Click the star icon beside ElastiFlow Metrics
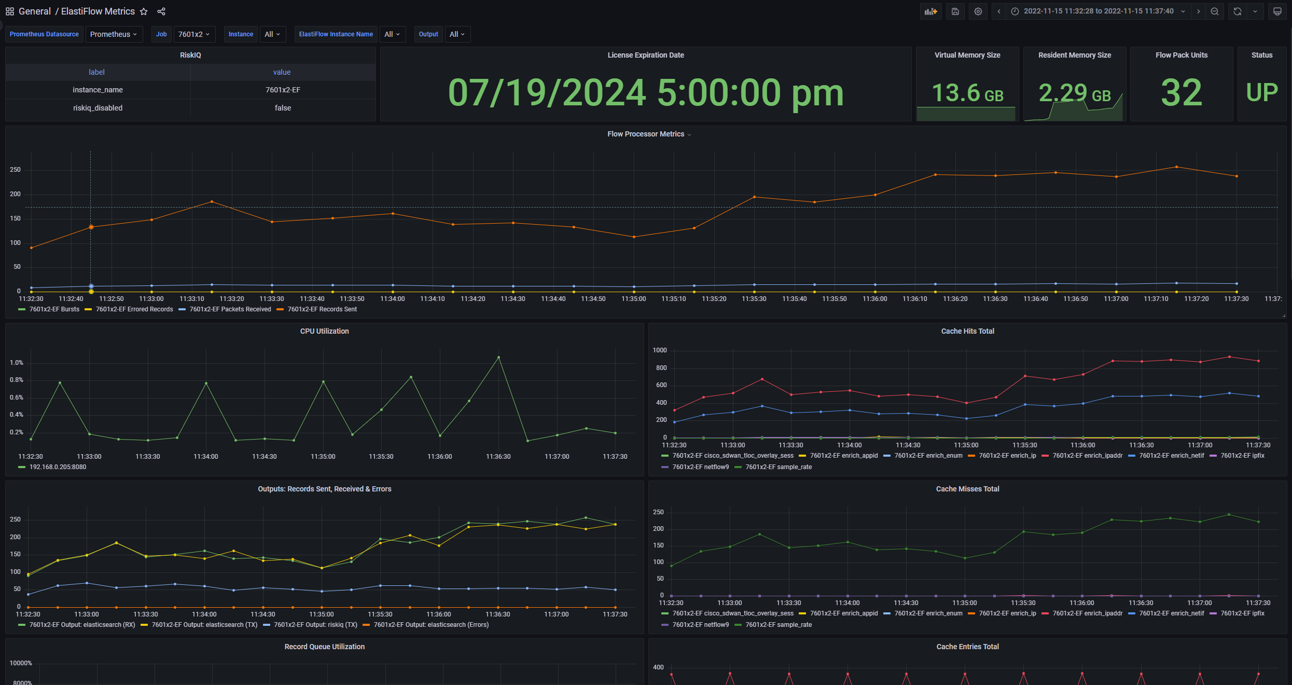tap(144, 11)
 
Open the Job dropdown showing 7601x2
tap(193, 34)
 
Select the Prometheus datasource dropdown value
tap(114, 34)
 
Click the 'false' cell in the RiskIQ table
tap(283, 108)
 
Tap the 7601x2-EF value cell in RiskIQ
tap(283, 90)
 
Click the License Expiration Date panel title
tap(645, 55)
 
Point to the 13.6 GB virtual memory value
tap(967, 93)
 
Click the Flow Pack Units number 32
tap(1181, 93)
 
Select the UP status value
tap(1261, 93)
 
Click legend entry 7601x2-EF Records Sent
tap(322, 309)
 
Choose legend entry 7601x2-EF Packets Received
tap(230, 309)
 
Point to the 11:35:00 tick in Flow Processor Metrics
tap(633, 299)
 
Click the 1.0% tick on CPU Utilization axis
tap(17, 363)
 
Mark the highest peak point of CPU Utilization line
tap(498, 357)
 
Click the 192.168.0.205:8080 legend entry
tap(58, 467)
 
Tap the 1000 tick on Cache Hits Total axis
tap(660, 350)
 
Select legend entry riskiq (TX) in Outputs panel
tap(315, 625)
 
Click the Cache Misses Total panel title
tap(967, 489)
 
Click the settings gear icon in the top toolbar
tap(978, 11)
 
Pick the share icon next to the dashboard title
tap(161, 11)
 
